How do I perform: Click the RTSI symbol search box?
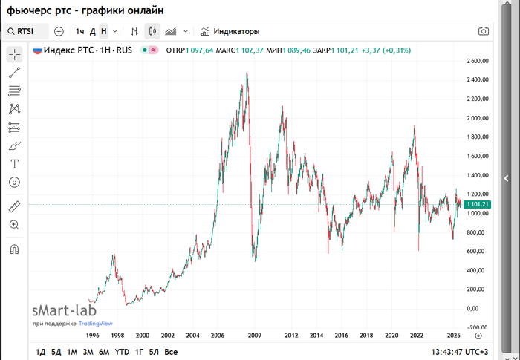[27, 31]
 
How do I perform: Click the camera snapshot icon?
[484, 31]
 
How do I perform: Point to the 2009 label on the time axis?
[254, 336]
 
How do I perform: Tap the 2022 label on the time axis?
[417, 336]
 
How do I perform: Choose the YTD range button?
[122, 352]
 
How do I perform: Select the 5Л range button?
[154, 352]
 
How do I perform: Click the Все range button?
[171, 352]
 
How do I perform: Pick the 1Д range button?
[41, 352]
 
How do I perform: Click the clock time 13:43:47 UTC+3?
[461, 352]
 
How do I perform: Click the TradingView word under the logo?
[96, 324]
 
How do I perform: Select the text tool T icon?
[15, 164]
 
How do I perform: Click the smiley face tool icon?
[15, 182]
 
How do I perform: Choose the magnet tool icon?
[15, 249]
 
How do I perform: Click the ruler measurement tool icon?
[15, 206]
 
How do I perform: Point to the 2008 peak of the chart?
[247, 73]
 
